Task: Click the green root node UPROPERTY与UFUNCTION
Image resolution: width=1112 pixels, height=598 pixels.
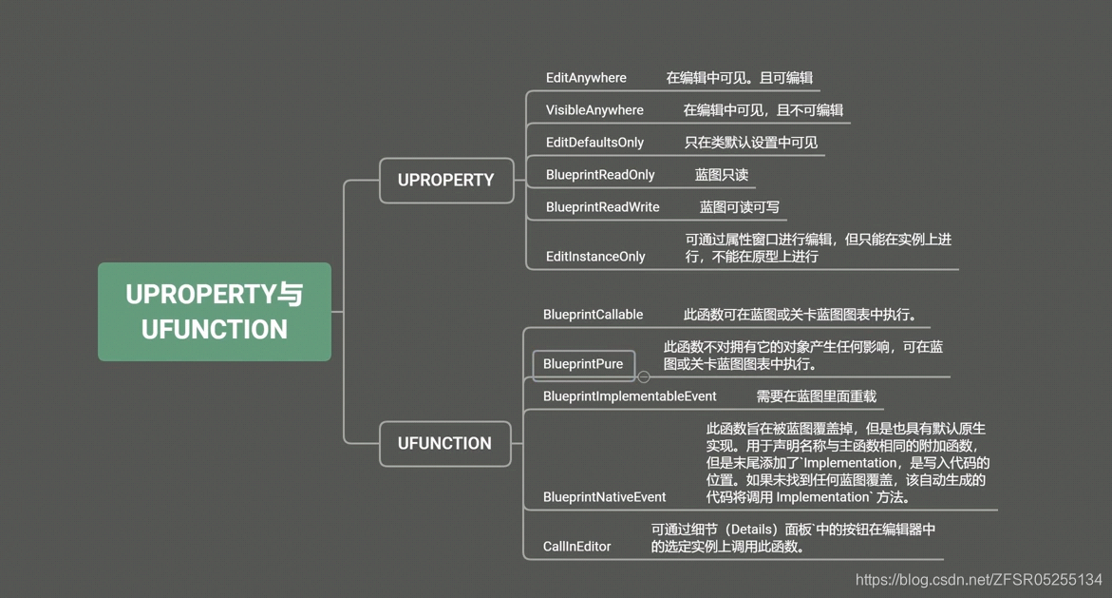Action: [x=215, y=312]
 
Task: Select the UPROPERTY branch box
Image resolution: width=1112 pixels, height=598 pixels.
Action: [x=445, y=180]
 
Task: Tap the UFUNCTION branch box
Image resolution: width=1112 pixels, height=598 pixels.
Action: [x=444, y=443]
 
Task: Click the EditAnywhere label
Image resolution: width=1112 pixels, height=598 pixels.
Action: [x=586, y=78]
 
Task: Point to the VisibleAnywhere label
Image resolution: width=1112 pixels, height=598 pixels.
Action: [x=594, y=110]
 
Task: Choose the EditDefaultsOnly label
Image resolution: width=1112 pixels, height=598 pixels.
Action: [x=594, y=143]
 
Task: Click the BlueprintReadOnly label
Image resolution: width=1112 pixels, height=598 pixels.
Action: [x=600, y=175]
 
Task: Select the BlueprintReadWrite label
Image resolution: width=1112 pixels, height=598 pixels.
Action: [x=602, y=207]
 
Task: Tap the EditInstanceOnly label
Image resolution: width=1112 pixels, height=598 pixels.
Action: [x=595, y=257]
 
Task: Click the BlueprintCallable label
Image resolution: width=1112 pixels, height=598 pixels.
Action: [x=593, y=315]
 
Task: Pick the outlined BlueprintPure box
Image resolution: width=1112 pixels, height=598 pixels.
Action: [x=583, y=364]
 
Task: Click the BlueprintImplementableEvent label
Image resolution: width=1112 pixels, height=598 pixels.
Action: [x=630, y=396]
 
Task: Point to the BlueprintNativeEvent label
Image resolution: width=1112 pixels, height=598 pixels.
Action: [x=604, y=497]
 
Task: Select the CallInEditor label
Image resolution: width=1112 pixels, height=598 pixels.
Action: [x=576, y=547]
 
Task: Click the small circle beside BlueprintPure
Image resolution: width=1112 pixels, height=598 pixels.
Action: [x=644, y=376]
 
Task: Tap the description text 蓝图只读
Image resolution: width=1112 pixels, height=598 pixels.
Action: [x=722, y=175]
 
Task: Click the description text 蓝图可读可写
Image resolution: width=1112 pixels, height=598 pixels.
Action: [x=740, y=207]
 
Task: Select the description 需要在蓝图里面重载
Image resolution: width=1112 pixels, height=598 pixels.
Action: [x=816, y=396]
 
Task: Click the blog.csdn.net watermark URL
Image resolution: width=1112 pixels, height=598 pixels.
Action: [x=978, y=579]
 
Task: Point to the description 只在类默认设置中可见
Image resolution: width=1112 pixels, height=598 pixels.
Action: [x=750, y=143]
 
